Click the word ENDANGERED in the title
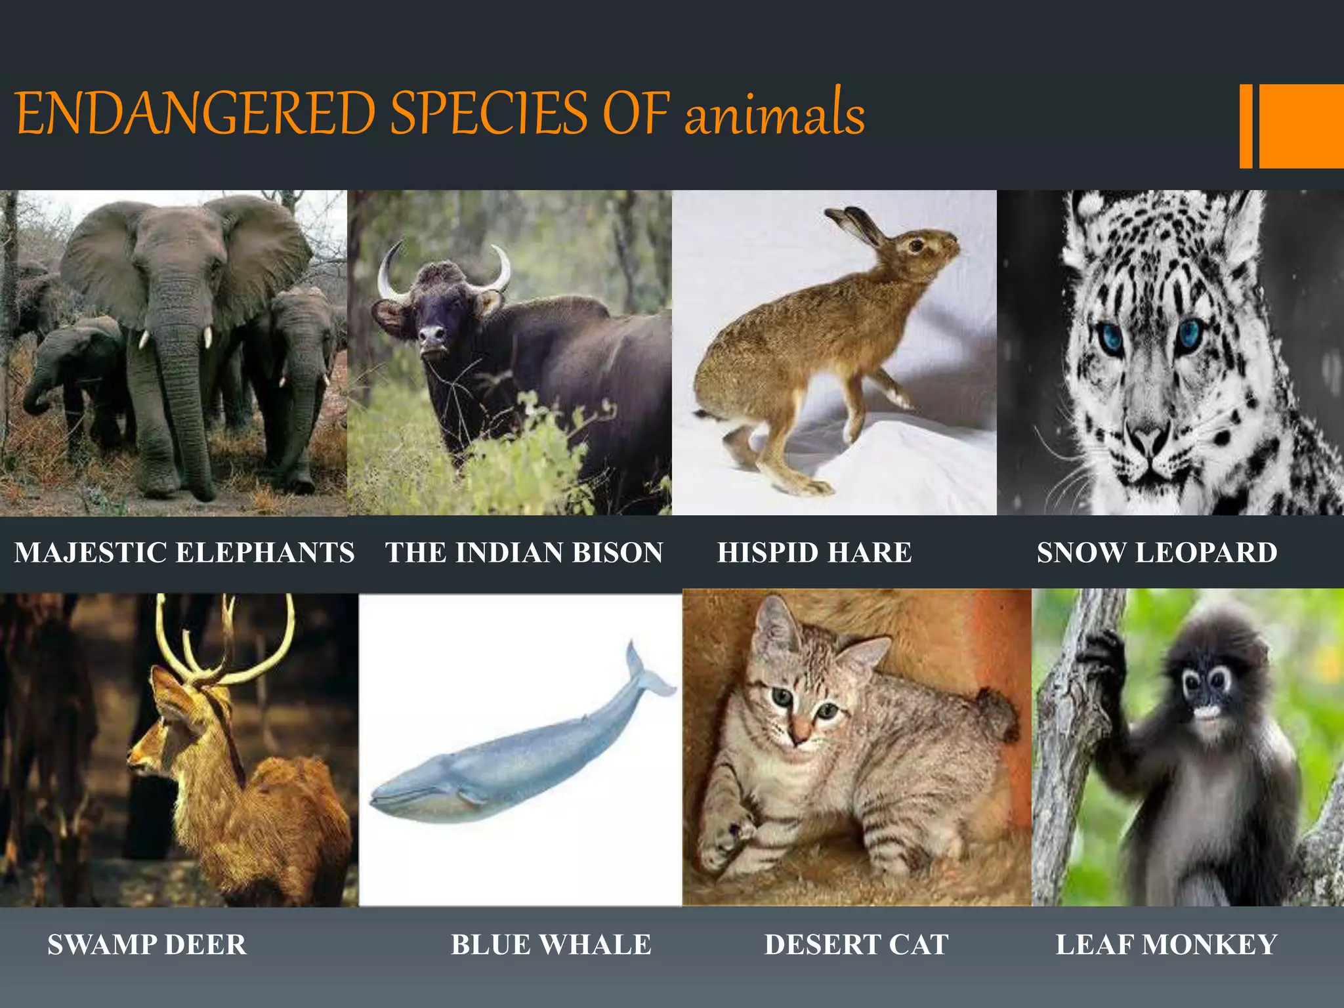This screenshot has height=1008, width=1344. click(196, 113)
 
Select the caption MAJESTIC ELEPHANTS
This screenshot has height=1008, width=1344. click(184, 553)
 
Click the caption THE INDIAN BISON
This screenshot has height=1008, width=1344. click(524, 553)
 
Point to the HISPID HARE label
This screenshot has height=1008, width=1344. click(814, 553)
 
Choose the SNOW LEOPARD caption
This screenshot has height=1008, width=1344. click(1157, 553)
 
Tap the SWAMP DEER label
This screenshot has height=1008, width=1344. click(147, 945)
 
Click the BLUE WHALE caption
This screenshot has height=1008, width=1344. click(551, 945)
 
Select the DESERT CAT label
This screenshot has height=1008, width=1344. click(856, 945)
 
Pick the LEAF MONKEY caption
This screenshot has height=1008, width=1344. click(1166, 945)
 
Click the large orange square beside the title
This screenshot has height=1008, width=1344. click(1301, 126)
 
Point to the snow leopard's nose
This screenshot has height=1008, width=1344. click(1148, 436)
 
